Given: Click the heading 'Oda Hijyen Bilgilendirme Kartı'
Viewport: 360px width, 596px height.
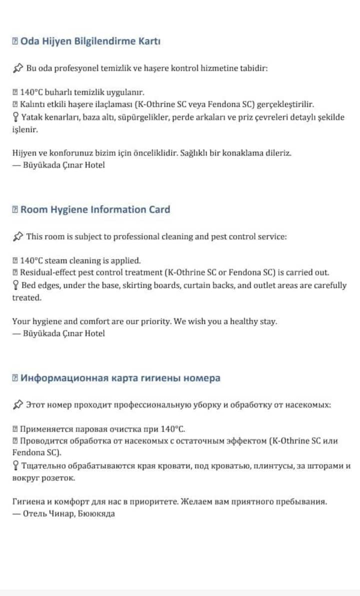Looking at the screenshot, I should point(90,41).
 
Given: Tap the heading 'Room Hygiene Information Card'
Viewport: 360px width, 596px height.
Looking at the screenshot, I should point(95,210).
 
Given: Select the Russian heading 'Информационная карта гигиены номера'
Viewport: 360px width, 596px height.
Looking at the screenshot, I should point(120,378).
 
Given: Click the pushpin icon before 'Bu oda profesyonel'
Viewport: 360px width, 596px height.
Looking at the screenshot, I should point(18,68).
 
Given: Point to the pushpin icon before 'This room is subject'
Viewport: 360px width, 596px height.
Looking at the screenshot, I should point(18,236).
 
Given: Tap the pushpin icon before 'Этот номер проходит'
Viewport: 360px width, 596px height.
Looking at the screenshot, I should point(18,405).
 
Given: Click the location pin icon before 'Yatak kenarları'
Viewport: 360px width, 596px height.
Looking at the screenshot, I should point(15,117).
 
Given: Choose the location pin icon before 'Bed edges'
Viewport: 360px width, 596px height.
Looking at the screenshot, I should point(15,286).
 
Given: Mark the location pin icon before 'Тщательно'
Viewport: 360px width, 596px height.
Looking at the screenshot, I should point(15,466).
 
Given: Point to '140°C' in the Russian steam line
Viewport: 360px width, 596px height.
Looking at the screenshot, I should point(172,429).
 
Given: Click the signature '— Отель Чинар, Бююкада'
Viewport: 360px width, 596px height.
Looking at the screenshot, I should point(63,514).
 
